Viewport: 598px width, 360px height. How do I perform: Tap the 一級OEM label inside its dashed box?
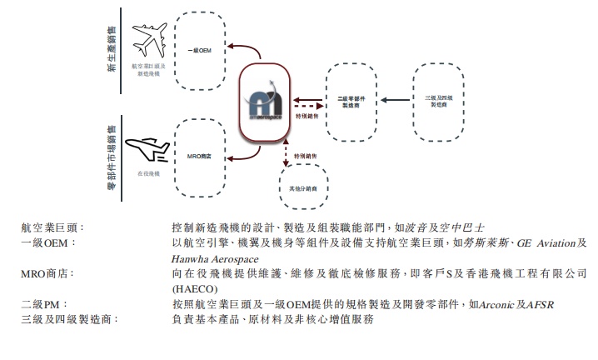tap(200, 52)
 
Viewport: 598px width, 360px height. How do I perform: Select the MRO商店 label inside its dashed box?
tap(200, 155)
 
